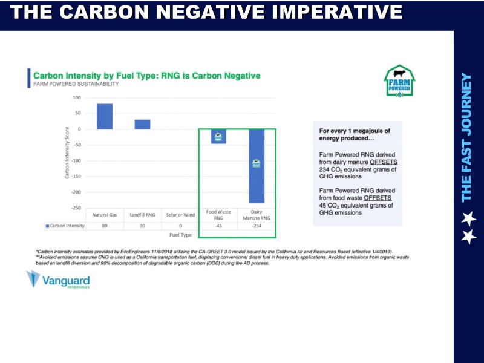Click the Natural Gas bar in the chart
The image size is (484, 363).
(105, 116)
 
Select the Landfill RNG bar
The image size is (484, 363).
(142, 124)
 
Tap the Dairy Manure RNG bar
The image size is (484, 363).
(256, 166)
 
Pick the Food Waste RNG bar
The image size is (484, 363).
(218, 136)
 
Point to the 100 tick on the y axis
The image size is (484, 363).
(77, 97)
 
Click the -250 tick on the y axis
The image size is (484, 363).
(77, 208)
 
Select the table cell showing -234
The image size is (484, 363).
(256, 226)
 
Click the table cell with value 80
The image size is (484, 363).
(105, 226)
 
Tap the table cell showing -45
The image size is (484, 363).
(218, 226)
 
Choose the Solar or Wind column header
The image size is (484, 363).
(180, 215)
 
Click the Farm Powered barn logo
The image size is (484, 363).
(399, 82)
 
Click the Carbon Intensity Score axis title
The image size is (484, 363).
(67, 152)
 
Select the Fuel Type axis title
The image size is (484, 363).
(180, 235)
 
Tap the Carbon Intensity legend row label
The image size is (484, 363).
(65, 226)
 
